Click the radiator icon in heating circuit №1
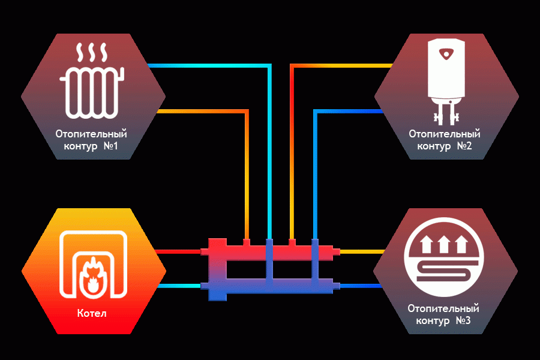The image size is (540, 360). (x=92, y=93)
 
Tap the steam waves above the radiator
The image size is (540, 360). (x=92, y=52)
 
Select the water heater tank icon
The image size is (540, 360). (x=446, y=69)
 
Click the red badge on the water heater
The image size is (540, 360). (x=446, y=54)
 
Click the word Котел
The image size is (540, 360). (x=92, y=313)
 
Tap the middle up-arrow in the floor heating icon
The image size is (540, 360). (x=444, y=245)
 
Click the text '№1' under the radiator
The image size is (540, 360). (x=111, y=146)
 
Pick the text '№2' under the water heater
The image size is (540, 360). (x=464, y=146)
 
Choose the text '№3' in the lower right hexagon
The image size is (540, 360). (x=463, y=321)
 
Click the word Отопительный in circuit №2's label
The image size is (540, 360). (x=445, y=134)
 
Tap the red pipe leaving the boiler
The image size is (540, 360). (x=179, y=251)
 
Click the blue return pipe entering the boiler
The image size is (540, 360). (x=179, y=286)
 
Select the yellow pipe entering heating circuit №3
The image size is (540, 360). (x=362, y=252)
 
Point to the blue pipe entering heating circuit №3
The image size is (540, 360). (x=361, y=286)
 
